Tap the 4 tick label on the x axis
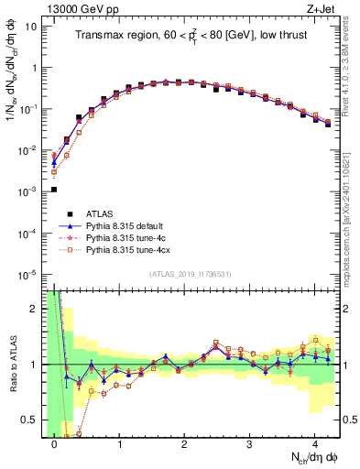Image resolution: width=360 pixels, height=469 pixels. click(x=314, y=442)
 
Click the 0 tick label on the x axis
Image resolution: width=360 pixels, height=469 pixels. click(x=54, y=442)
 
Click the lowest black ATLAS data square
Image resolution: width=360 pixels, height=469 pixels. click(x=53, y=190)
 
